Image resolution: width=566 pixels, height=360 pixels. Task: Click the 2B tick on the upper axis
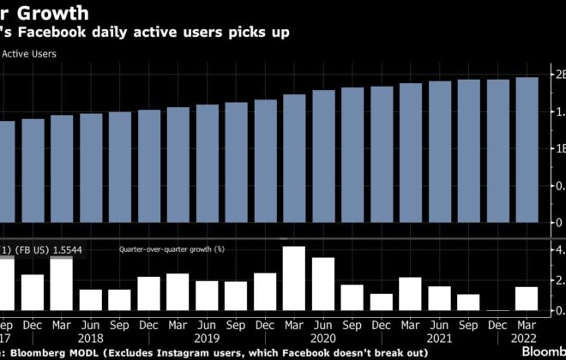559,75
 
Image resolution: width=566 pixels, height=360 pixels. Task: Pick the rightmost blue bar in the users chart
527,150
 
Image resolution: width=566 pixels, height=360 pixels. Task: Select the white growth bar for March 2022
527,298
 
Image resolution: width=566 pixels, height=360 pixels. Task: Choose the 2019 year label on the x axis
207,338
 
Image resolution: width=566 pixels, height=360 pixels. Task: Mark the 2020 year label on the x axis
323,338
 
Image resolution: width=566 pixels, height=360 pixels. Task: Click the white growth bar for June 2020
323,284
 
